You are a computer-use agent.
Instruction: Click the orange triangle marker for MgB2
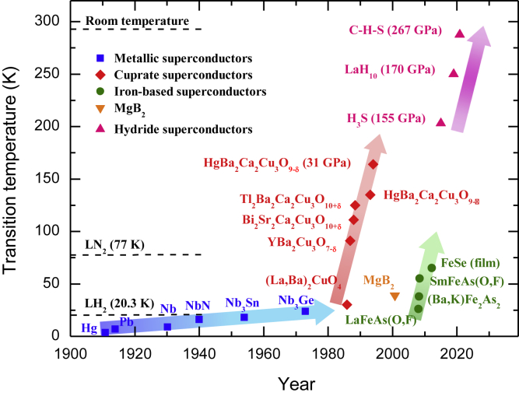point(395,296)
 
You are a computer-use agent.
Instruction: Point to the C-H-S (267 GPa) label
point(395,31)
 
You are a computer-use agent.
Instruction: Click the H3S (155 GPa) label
point(386,119)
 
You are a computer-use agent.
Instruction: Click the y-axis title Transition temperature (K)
point(13,173)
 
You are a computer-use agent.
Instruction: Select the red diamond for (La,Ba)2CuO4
point(347,304)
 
